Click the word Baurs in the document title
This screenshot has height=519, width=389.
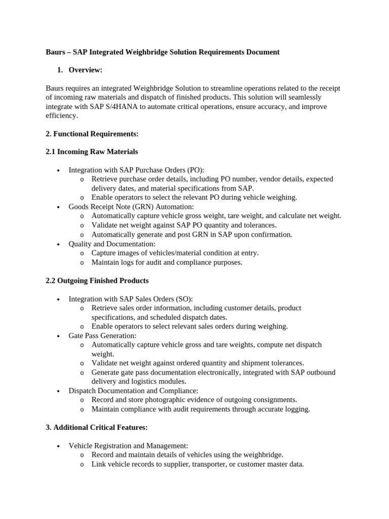tap(56, 52)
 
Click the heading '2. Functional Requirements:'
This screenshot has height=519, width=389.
tap(92, 134)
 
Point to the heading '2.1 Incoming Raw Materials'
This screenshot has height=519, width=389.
tap(92, 152)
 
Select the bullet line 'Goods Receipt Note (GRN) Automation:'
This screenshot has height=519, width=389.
tap(131, 207)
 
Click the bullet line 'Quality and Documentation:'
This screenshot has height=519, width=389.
tap(112, 244)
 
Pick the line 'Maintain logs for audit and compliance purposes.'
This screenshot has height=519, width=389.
tap(167, 263)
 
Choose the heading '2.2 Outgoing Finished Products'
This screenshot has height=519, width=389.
tap(97, 280)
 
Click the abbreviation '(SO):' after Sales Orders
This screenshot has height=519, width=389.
tap(183, 299)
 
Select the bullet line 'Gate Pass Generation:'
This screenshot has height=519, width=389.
tap(102, 336)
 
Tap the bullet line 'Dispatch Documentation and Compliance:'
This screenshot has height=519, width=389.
tap(133, 391)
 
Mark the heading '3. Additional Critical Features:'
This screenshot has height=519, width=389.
tap(97, 427)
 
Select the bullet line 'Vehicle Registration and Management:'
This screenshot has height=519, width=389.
tap(128, 446)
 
